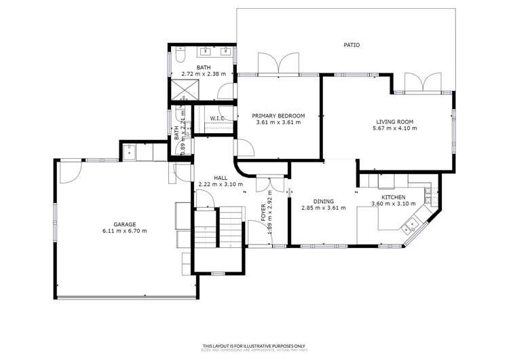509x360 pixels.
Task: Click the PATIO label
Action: [351, 46]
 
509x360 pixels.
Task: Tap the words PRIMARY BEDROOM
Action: [278, 115]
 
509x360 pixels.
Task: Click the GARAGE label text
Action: [125, 224]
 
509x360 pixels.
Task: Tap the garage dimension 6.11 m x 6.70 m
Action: [125, 231]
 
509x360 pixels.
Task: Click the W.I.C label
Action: [217, 119]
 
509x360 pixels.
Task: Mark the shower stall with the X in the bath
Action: [181, 89]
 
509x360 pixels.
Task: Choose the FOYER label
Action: [264, 213]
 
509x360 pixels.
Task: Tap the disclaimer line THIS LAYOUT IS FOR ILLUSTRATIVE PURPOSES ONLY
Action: [254, 346]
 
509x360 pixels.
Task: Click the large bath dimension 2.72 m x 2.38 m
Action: [204, 73]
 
